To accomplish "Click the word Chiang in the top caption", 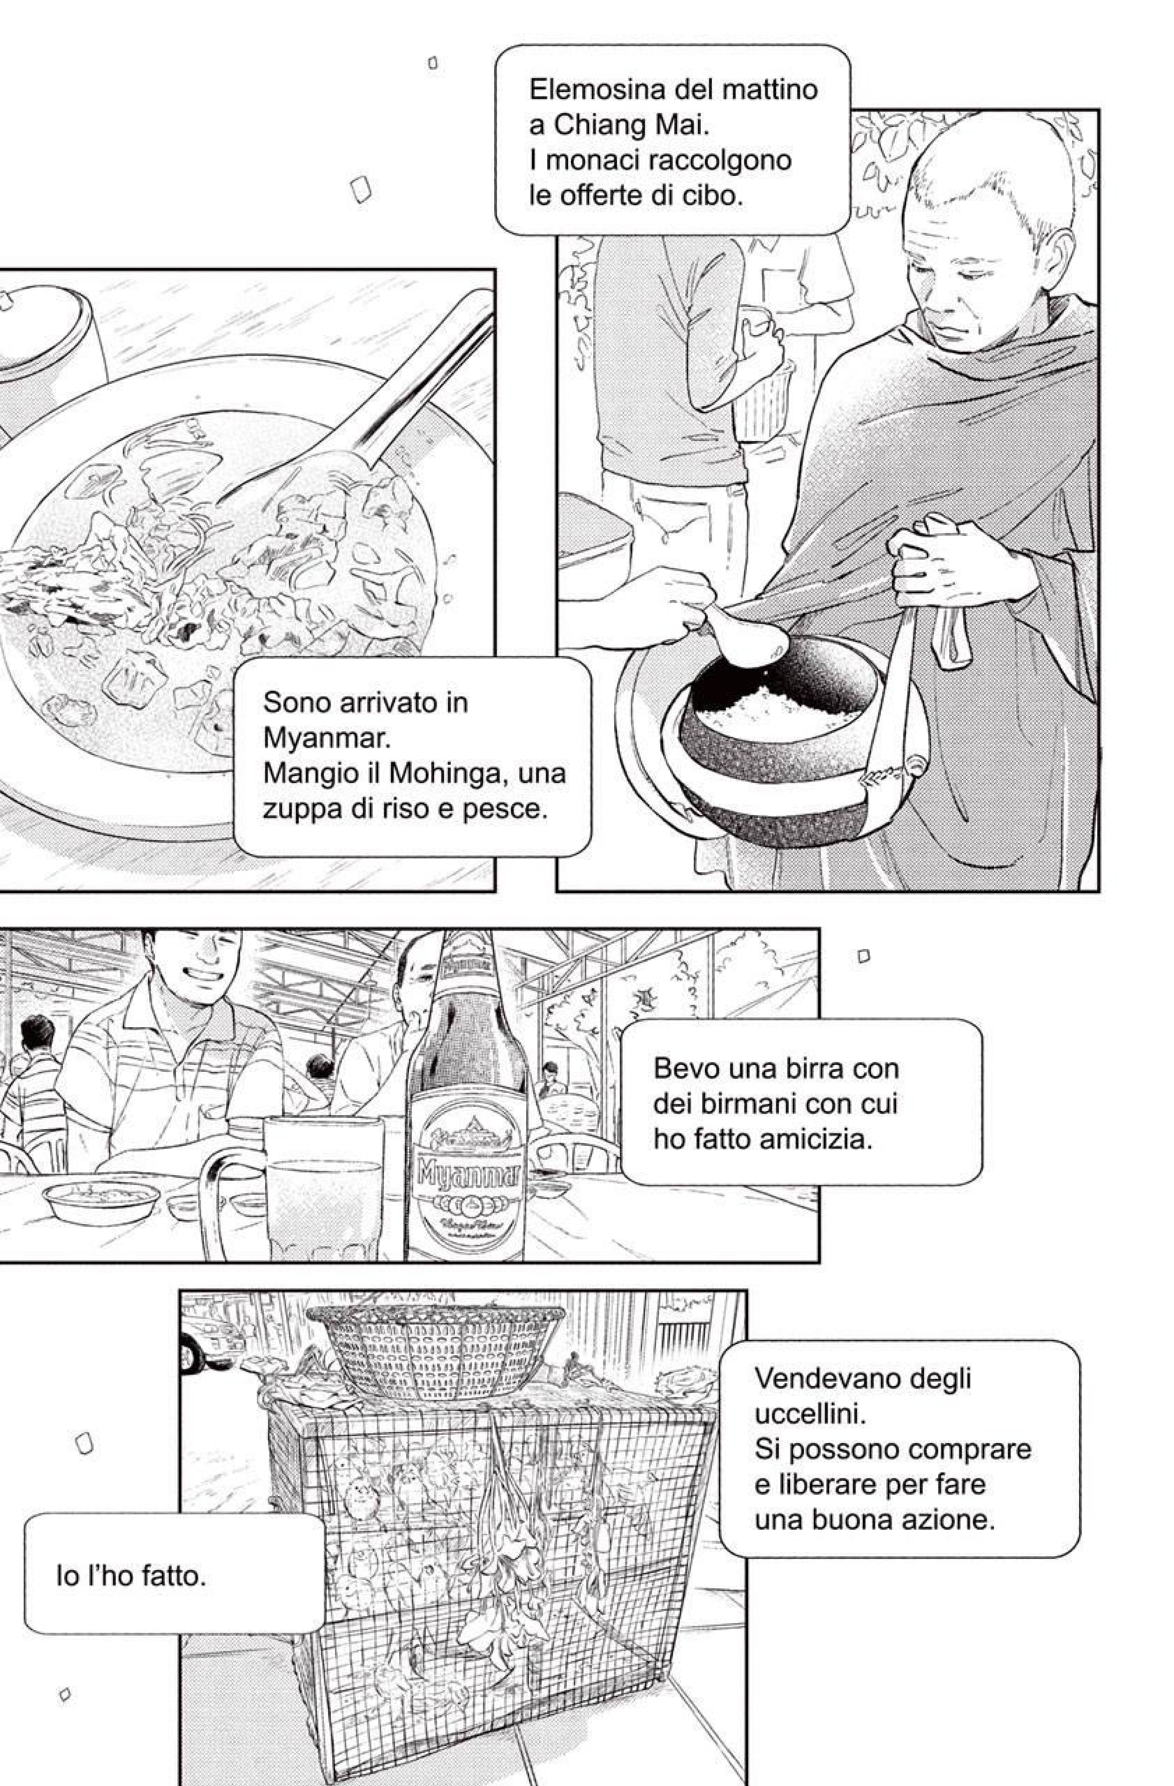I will pyautogui.click(x=605, y=125).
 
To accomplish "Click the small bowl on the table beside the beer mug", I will pyautogui.click(x=101, y=1198).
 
